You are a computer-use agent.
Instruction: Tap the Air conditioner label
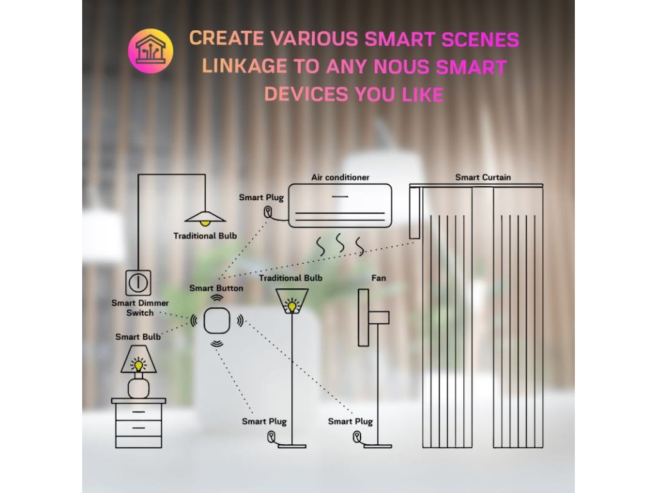[x=340, y=177]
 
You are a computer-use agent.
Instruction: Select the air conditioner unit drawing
[x=339, y=205]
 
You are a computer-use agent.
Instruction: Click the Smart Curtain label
[x=483, y=177]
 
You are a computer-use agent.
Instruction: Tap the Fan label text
[x=379, y=278]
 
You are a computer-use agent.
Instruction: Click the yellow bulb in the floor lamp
[x=292, y=306]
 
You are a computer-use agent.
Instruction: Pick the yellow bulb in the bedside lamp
[x=138, y=365]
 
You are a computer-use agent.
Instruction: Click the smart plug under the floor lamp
[x=272, y=438]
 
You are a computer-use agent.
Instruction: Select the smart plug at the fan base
[x=355, y=438]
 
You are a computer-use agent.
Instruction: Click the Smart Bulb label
[x=138, y=336]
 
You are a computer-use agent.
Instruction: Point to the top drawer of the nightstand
[x=139, y=411]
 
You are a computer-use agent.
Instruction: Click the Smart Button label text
[x=216, y=288]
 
